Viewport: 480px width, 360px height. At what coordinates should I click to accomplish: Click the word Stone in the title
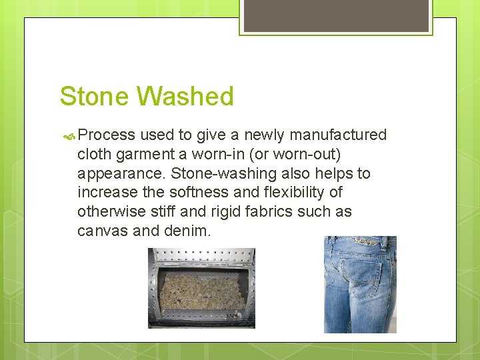click(95, 97)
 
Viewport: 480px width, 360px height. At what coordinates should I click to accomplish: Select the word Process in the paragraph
click(107, 135)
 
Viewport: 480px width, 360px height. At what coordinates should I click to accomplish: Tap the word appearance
click(121, 174)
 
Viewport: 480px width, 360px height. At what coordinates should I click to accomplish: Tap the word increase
click(105, 193)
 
